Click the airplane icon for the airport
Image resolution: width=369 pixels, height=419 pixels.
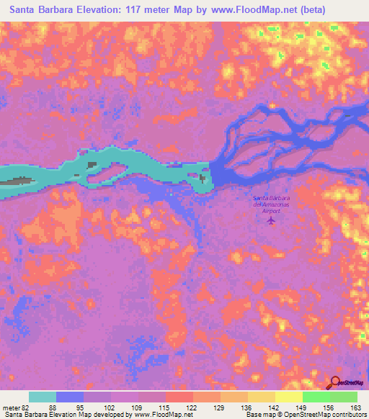pos(271,220)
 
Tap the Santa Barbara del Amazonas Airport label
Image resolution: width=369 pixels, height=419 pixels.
pos(271,204)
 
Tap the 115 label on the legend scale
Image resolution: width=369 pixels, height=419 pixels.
pos(165,407)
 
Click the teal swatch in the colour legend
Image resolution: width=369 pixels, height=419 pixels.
pos(43,397)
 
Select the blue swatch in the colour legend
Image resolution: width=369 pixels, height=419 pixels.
pos(70,397)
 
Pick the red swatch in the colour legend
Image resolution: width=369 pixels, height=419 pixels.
pos(179,397)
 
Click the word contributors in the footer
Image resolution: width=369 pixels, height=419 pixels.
pos(350,415)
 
